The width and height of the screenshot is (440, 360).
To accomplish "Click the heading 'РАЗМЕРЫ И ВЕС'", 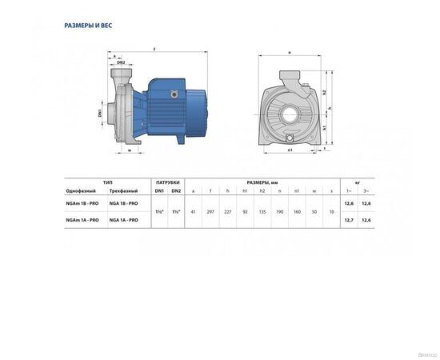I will [x=87, y=26].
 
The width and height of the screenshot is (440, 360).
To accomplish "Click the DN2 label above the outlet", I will [x=121, y=62].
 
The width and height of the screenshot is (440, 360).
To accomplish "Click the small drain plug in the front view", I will [x=290, y=144].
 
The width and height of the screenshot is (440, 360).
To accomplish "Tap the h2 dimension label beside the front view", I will [x=326, y=94].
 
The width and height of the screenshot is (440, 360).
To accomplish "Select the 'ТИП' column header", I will [x=107, y=182].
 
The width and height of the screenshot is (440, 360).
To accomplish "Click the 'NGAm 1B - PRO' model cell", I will [x=82, y=205].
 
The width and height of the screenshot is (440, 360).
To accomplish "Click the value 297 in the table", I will [x=210, y=212].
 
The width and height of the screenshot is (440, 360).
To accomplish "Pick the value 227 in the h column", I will [x=227, y=212].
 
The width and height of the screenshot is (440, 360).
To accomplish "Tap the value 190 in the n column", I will [x=280, y=212].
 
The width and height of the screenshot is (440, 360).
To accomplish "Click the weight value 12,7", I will [x=348, y=219].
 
